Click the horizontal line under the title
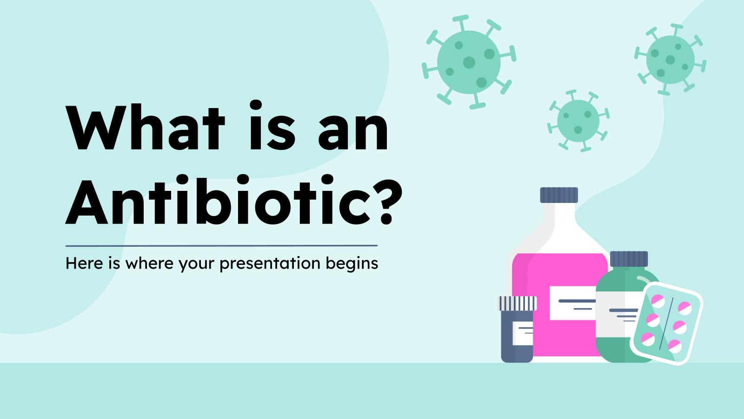[x=221, y=245]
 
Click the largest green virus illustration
[x=469, y=62]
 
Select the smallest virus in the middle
[x=578, y=120]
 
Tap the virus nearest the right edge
[x=670, y=60]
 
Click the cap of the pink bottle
[x=558, y=195]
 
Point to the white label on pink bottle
[x=571, y=303]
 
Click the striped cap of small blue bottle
[x=518, y=303]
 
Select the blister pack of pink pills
[x=666, y=323]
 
